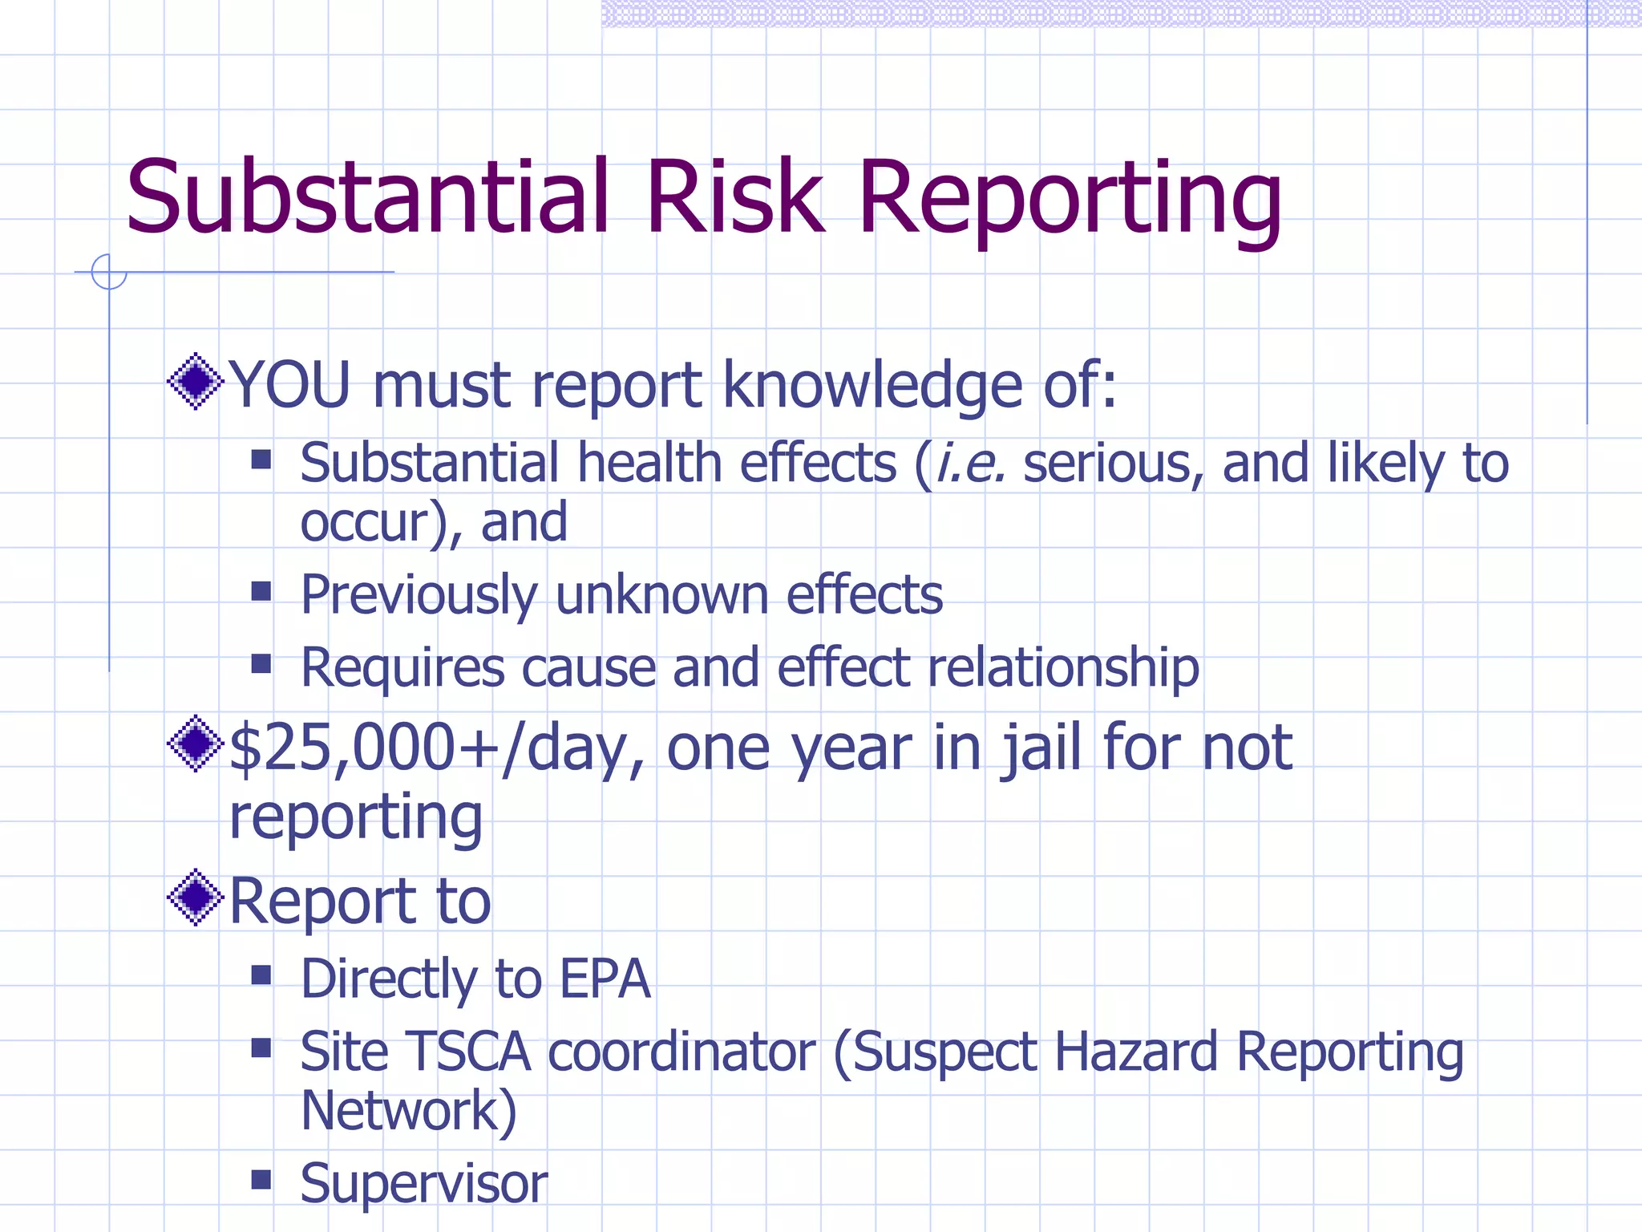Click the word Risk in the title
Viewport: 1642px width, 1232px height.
[x=734, y=197]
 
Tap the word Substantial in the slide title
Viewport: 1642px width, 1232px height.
[x=367, y=197]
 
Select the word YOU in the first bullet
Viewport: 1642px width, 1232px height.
[x=289, y=385]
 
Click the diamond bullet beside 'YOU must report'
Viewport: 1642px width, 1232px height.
[x=195, y=381]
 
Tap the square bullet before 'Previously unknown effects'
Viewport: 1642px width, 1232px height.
[x=261, y=591]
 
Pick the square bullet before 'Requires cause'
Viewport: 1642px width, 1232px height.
[x=261, y=663]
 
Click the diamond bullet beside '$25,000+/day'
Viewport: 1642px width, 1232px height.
[x=195, y=744]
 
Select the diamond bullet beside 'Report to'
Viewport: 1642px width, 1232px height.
[x=195, y=897]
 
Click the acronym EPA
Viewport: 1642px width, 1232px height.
[x=605, y=979]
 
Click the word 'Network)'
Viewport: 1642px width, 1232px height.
[x=409, y=1111]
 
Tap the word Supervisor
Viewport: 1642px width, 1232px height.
[x=424, y=1184]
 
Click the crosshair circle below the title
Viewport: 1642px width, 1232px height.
[x=109, y=272]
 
